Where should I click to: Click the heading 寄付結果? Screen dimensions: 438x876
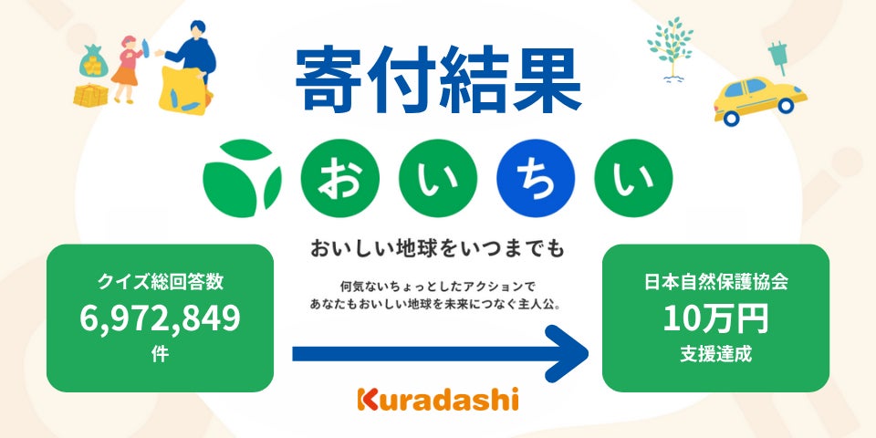[438, 77]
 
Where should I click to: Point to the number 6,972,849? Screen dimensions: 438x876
[160, 318]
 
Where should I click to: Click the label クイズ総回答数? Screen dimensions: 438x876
[160, 283]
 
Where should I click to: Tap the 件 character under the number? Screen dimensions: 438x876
[160, 354]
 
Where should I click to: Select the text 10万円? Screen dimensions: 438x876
[715, 318]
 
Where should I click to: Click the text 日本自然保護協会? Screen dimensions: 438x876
[715, 283]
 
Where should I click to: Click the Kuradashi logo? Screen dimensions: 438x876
[438, 399]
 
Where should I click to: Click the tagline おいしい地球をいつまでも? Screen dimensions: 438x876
[438, 247]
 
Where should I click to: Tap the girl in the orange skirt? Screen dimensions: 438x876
[125, 69]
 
